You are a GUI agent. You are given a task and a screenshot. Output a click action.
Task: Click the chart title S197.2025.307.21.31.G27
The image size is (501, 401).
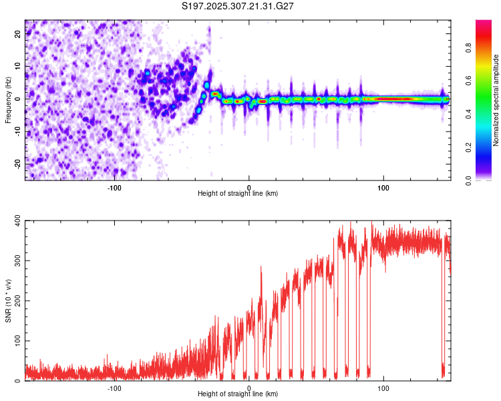click(x=238, y=7)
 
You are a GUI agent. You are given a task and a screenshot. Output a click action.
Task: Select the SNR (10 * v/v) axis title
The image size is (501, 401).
click(x=8, y=301)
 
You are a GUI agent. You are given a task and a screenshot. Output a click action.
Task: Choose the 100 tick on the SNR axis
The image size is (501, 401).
click(x=14, y=341)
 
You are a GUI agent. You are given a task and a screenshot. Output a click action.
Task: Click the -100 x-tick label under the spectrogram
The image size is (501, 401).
click(x=114, y=186)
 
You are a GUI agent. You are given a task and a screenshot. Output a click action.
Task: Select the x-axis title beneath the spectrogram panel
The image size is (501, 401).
click(x=238, y=194)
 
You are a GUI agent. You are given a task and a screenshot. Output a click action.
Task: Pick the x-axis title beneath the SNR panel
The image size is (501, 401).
click(x=238, y=394)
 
